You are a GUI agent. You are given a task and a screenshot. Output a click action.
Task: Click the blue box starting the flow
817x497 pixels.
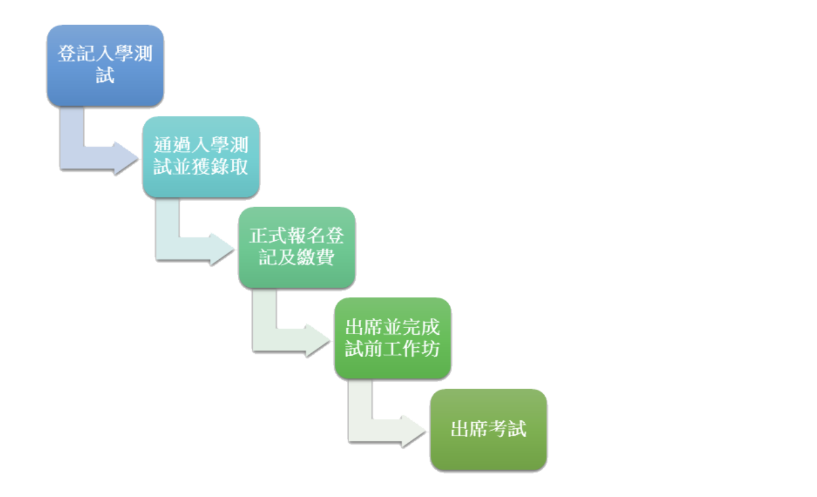[x=105, y=66]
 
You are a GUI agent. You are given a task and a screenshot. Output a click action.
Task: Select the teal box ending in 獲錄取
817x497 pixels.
[x=201, y=157]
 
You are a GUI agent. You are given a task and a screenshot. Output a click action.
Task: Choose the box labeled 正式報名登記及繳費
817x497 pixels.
[x=296, y=247]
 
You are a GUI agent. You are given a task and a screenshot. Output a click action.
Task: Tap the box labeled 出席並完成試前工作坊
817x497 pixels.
[x=392, y=338]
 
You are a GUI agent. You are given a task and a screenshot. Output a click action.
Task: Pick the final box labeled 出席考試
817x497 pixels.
[x=488, y=429]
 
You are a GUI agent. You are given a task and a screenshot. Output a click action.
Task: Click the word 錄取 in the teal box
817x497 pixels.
[x=229, y=167]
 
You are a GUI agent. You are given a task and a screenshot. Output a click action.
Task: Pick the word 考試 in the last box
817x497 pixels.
[x=507, y=429]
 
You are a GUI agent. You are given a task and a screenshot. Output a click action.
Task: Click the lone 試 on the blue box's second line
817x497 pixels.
[x=105, y=76]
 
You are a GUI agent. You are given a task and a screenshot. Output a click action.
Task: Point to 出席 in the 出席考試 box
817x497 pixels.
[x=469, y=429]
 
